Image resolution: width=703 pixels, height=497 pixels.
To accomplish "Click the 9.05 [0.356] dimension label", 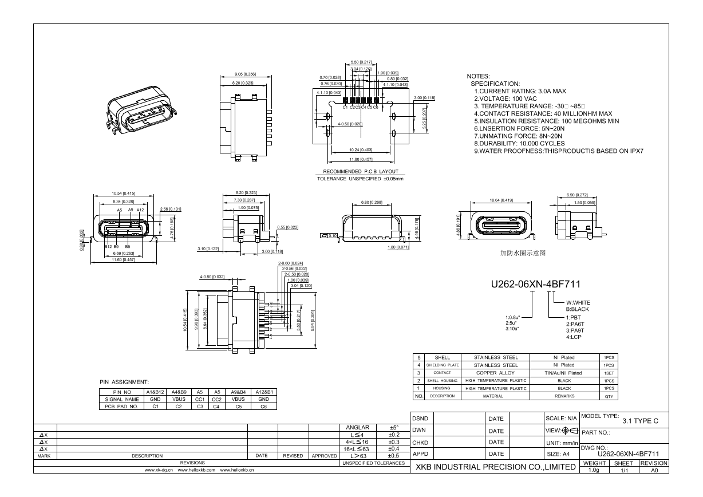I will click(x=245, y=74).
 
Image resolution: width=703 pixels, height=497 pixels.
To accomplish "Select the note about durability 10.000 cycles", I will click(x=519, y=143).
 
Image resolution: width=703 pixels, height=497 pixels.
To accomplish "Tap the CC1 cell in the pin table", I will click(x=200, y=399).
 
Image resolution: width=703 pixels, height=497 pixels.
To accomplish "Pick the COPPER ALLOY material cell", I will click(x=495, y=373).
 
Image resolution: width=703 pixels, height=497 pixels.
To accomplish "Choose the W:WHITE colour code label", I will click(x=578, y=302).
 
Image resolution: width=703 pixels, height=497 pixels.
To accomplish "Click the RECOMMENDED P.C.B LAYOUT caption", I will click(x=361, y=172).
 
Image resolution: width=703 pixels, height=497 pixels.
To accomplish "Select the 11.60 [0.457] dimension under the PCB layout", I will click(x=361, y=159).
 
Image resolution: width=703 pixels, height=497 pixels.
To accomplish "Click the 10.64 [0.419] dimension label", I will click(x=501, y=200).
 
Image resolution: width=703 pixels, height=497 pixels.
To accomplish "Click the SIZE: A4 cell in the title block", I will click(x=558, y=454).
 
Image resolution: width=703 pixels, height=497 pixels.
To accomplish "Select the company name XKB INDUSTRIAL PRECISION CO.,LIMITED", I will click(x=495, y=467).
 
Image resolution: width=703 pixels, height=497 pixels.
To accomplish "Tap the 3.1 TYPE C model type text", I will click(x=640, y=421).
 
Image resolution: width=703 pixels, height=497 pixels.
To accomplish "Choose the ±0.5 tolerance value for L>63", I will click(x=393, y=456).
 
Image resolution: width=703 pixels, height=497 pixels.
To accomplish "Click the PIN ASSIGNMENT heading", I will click(x=124, y=381).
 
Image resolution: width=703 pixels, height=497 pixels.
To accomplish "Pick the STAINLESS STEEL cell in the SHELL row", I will click(x=495, y=357).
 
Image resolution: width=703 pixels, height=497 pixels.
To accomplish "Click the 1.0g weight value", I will click(x=594, y=470).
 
